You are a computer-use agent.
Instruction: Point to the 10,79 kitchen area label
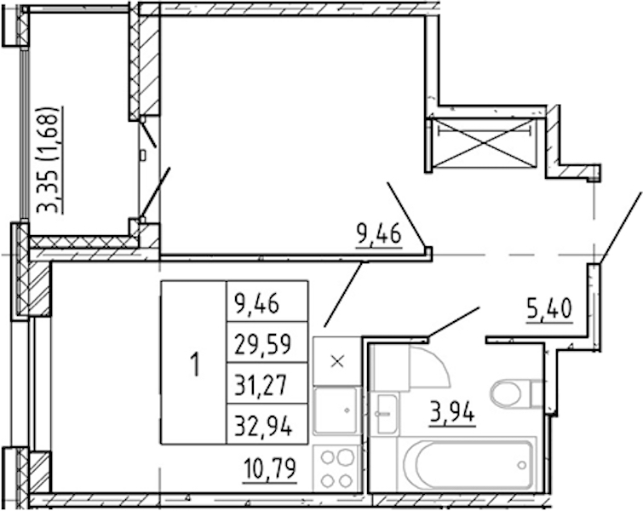pyautogui.click(x=269, y=468)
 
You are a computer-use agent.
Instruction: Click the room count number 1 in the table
pyautogui.click(x=196, y=365)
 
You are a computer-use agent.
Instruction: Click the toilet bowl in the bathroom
pyautogui.click(x=506, y=393)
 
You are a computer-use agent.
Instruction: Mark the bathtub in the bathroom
pyautogui.click(x=467, y=464)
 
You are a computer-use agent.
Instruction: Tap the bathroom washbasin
pyautogui.click(x=387, y=413)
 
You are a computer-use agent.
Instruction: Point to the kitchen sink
pyautogui.click(x=336, y=411)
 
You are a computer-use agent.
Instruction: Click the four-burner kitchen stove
pyautogui.click(x=337, y=468)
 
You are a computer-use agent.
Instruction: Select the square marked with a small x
pyautogui.click(x=336, y=361)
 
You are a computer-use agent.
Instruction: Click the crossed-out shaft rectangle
pyautogui.click(x=485, y=143)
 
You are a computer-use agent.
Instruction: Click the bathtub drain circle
pyautogui.click(x=522, y=465)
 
